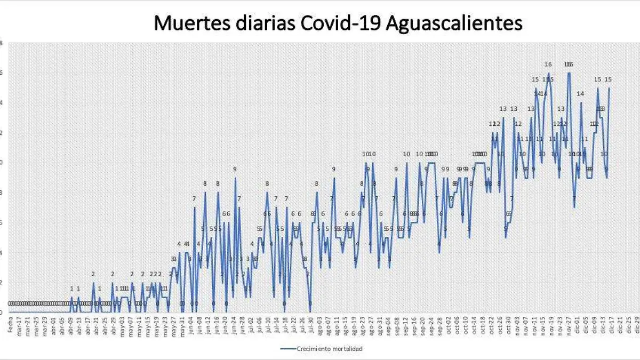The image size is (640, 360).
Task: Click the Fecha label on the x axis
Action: click(10, 324)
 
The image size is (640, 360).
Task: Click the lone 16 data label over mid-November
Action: click(548, 65)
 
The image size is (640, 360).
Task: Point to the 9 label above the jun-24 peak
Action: click(235, 169)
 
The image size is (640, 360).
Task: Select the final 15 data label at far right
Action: click(608, 79)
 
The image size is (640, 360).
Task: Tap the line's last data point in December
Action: click(609, 89)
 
